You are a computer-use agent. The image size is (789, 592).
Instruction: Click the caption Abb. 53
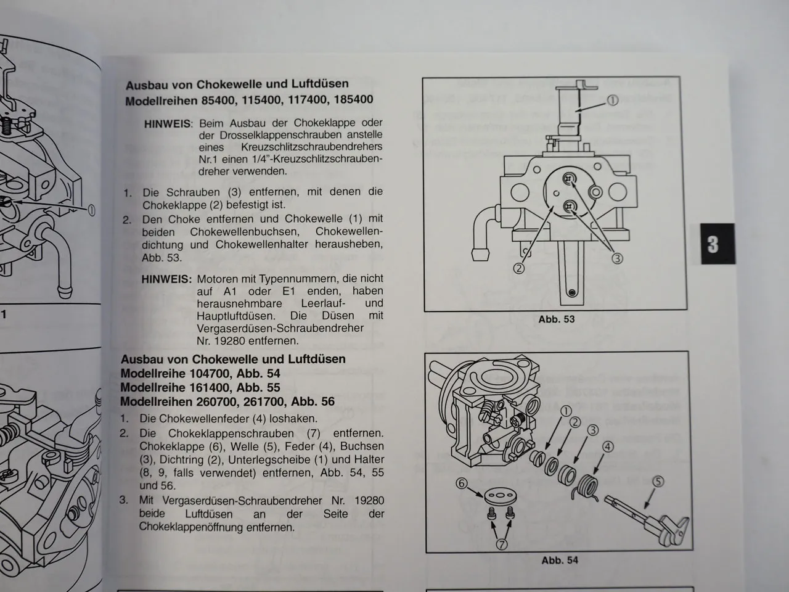pyautogui.click(x=556, y=319)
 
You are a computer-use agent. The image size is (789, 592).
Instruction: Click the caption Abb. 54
pyautogui.click(x=559, y=560)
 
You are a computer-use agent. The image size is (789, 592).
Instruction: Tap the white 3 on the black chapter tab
pyautogui.click(x=713, y=244)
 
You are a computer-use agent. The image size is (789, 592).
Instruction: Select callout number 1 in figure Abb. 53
pyautogui.click(x=612, y=101)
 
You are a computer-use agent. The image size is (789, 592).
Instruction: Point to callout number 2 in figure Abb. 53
pyautogui.click(x=519, y=268)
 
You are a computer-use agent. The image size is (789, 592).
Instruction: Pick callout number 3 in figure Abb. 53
pyautogui.click(x=617, y=259)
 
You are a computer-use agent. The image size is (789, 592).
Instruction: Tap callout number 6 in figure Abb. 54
pyautogui.click(x=462, y=483)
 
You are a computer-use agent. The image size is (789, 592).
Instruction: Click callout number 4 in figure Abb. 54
pyautogui.click(x=608, y=446)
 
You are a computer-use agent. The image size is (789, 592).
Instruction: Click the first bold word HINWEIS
pyautogui.click(x=168, y=123)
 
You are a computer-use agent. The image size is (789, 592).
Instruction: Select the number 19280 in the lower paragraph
pyautogui.click(x=370, y=501)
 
